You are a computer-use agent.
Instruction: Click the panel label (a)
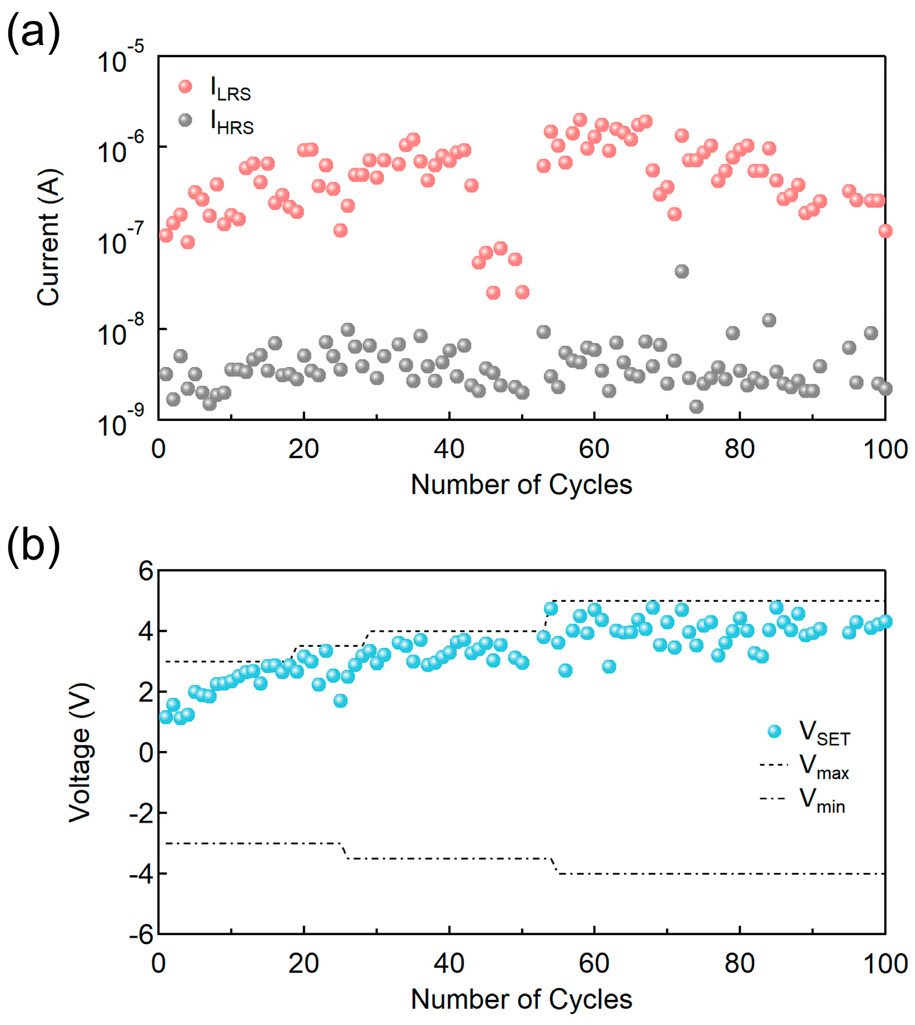point(33,33)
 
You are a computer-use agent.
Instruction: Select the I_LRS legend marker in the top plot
point(186,86)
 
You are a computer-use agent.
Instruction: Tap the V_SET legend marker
point(775,732)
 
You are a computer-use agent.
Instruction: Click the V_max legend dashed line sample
point(774,765)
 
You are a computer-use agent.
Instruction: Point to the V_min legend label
point(823,800)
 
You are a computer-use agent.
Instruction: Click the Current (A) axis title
point(49,237)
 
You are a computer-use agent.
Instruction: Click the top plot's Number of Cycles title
point(521,485)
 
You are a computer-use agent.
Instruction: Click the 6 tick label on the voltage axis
point(146,571)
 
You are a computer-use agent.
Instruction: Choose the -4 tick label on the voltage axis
point(141,874)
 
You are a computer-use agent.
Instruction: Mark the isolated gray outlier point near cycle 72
point(681,271)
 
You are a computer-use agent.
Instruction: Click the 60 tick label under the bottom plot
point(594,964)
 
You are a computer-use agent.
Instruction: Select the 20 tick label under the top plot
point(303,449)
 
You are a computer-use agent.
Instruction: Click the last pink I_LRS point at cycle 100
point(885,231)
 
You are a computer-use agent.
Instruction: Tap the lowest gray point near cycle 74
point(696,406)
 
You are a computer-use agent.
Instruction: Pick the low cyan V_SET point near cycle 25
point(341,700)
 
